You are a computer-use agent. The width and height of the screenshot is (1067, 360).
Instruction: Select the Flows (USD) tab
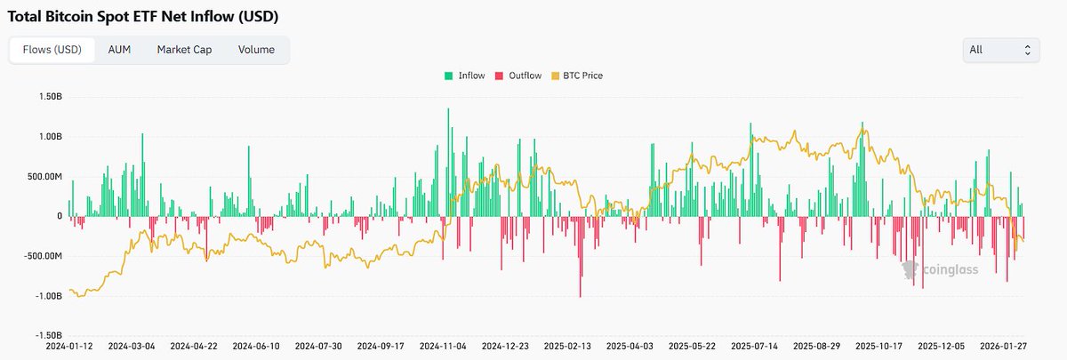point(51,50)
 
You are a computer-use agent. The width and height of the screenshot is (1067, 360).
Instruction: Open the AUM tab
point(119,50)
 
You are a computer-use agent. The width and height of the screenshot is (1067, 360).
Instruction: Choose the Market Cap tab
point(184,50)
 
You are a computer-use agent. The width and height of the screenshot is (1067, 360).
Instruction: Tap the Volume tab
point(256,50)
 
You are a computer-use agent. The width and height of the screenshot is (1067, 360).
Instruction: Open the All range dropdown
point(1001,50)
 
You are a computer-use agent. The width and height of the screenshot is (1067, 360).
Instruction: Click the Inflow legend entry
point(465,76)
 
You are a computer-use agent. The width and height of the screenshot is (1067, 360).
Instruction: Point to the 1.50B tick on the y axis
point(46,96)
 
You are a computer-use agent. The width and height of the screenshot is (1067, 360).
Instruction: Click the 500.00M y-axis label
point(41,176)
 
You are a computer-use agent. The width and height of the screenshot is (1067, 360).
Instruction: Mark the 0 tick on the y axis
point(59,216)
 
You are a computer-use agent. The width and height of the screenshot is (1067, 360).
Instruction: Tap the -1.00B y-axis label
point(44,296)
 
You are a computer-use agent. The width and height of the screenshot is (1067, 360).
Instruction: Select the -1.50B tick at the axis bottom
point(44,336)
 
